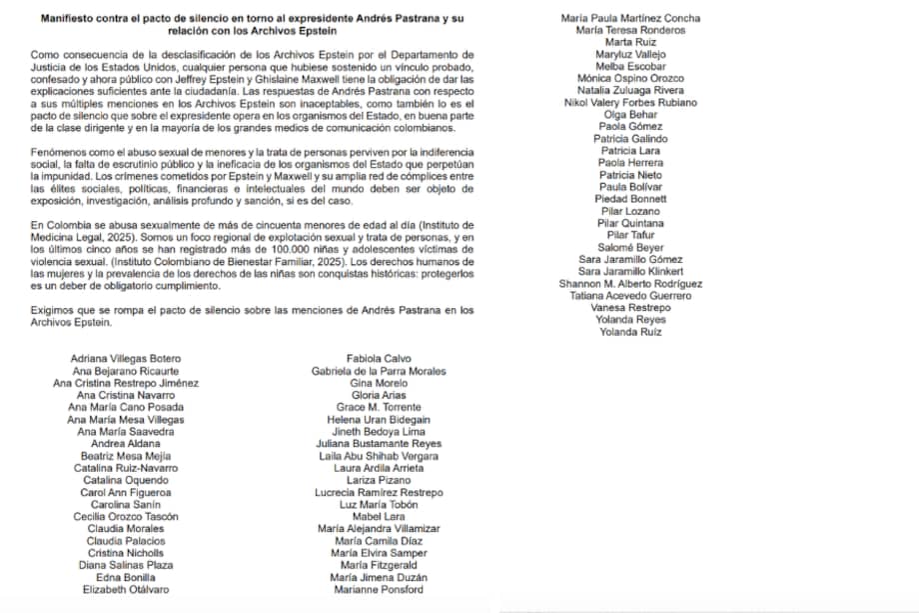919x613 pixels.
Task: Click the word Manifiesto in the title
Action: coord(72,18)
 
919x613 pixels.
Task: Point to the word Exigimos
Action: coord(56,310)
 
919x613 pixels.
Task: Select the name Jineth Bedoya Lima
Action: coord(379,431)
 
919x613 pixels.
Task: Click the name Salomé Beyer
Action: coord(629,247)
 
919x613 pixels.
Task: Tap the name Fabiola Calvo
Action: coord(379,358)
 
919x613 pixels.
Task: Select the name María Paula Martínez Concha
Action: coord(630,18)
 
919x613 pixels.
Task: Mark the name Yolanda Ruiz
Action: coord(630,332)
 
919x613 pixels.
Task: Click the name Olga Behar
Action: coord(629,114)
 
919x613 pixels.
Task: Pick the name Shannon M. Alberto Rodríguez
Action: coord(630,283)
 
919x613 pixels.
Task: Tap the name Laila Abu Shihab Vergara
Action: coord(379,455)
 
